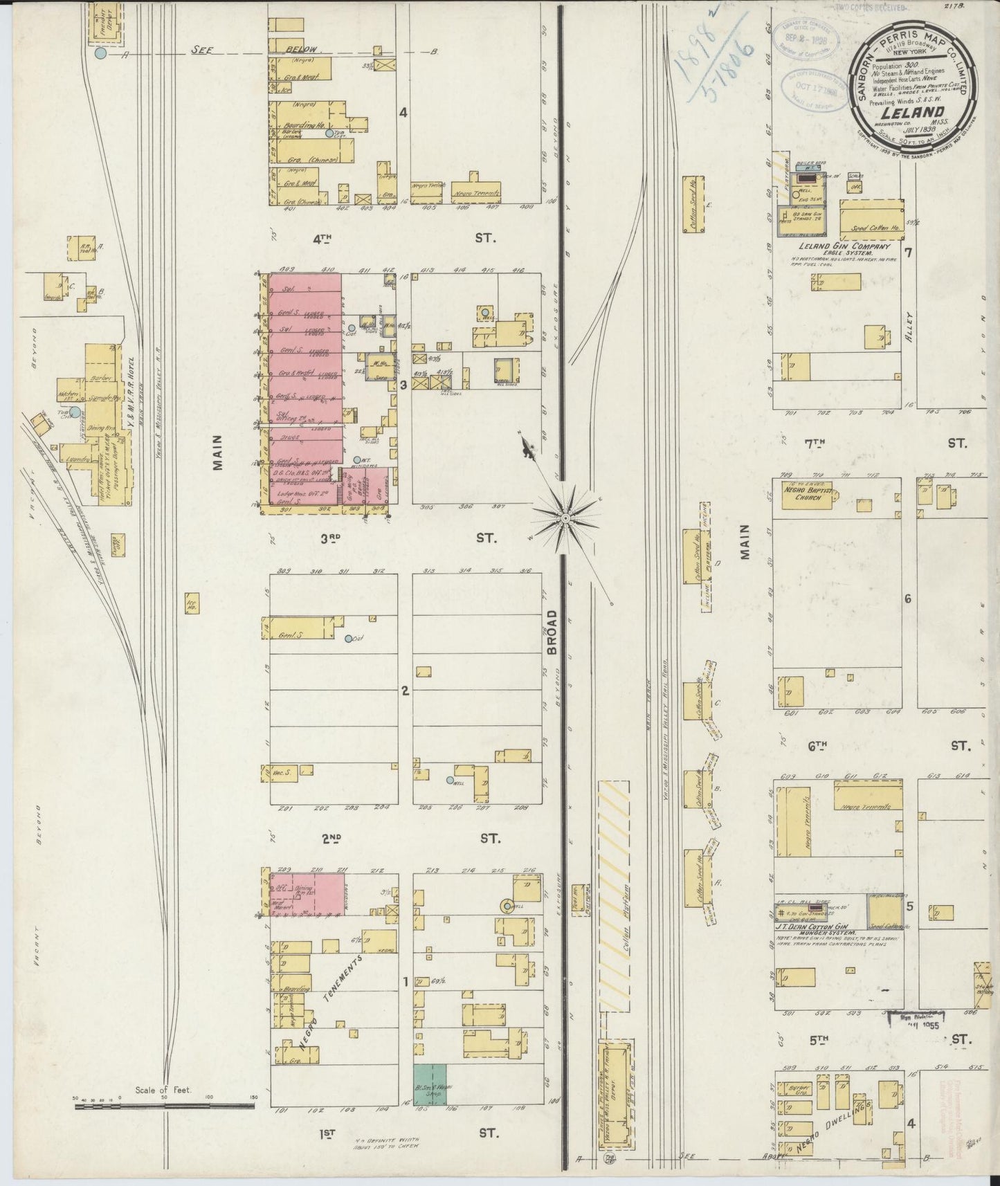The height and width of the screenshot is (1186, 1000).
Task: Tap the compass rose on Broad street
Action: click(x=566, y=518)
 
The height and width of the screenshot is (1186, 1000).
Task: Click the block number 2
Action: click(x=406, y=691)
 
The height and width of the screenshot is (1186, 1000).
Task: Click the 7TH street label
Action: click(x=817, y=443)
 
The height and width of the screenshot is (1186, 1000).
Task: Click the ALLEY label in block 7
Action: click(x=911, y=325)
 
